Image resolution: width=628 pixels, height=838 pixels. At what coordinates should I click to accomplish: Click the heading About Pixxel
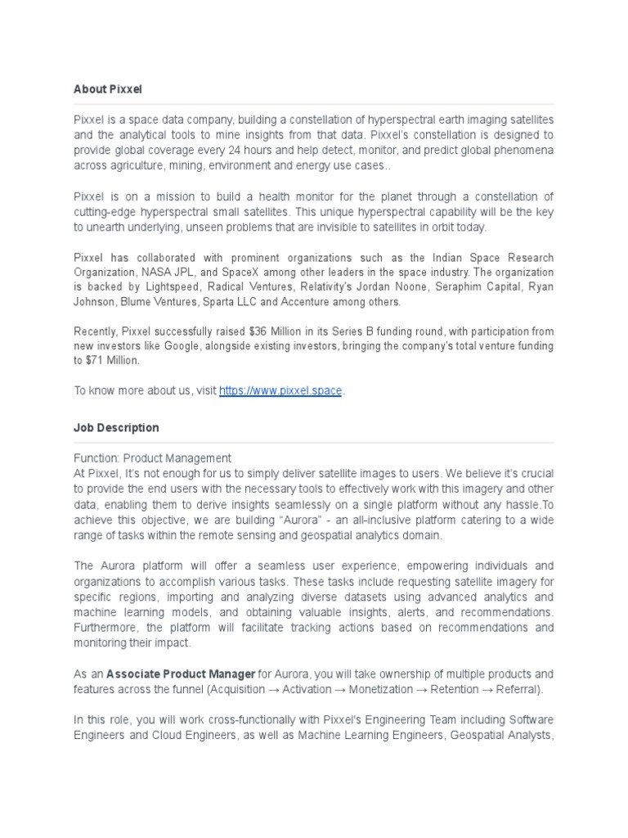coord(107,88)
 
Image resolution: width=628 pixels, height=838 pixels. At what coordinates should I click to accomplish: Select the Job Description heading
coord(116,428)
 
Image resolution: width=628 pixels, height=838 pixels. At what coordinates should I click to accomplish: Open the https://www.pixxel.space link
coord(280,391)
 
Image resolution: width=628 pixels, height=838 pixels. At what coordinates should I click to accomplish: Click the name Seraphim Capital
coord(464,287)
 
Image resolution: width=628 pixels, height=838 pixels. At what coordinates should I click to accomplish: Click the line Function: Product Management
coord(153,458)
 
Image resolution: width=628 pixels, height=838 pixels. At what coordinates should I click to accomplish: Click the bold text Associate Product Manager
coord(180,674)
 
